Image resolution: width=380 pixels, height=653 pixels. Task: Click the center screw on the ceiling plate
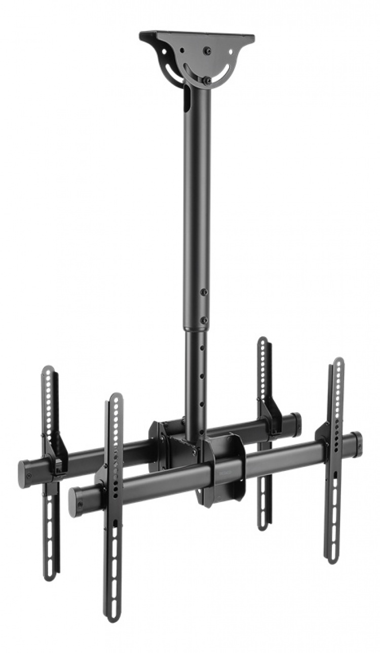(x=207, y=51)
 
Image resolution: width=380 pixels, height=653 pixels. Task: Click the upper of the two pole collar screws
(x=204, y=293)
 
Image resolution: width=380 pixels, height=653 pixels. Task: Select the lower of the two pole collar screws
(x=204, y=320)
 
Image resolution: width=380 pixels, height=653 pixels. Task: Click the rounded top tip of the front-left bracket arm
(x=116, y=397)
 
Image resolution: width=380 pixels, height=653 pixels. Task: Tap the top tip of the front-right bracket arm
(x=338, y=361)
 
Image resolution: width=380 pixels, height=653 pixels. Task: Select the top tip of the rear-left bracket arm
(x=48, y=369)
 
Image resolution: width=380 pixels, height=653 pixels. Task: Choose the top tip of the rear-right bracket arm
(x=262, y=340)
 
